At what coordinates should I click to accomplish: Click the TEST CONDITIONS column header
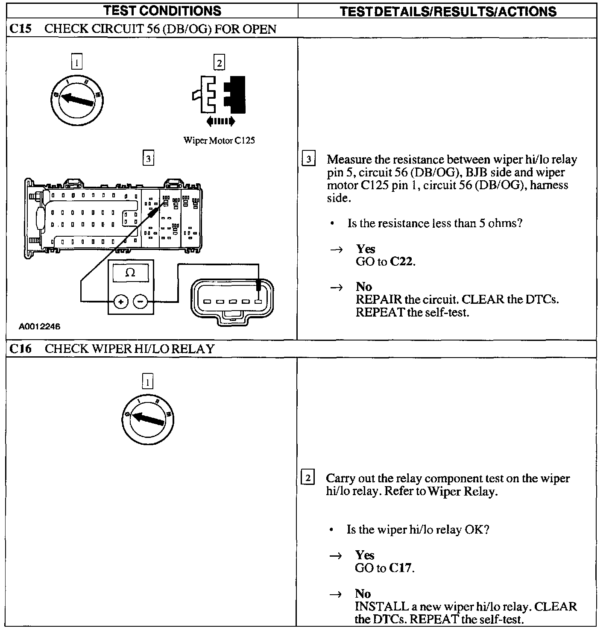tap(162, 11)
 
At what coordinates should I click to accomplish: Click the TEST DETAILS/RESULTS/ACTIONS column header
tap(448, 12)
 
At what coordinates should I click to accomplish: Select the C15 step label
tap(20, 29)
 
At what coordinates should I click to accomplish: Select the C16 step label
tap(20, 349)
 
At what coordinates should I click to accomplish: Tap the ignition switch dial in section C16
tap(147, 418)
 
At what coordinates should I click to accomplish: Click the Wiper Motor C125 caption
tap(219, 141)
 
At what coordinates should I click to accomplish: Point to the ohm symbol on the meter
tap(130, 273)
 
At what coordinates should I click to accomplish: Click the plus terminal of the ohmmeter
tap(121, 302)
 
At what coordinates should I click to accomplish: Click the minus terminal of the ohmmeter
tap(141, 302)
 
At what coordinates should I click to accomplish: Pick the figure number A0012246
tap(39, 327)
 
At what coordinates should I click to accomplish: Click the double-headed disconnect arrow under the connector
tap(220, 121)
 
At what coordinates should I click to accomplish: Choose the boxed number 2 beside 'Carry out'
tap(308, 477)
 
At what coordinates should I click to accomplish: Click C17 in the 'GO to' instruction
tap(401, 568)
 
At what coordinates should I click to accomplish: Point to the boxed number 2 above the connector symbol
tap(219, 63)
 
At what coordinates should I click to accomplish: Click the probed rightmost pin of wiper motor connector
tap(258, 302)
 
